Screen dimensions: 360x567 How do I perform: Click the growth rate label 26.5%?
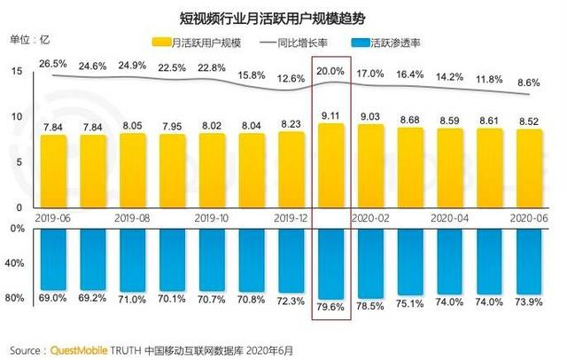tap(54, 64)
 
